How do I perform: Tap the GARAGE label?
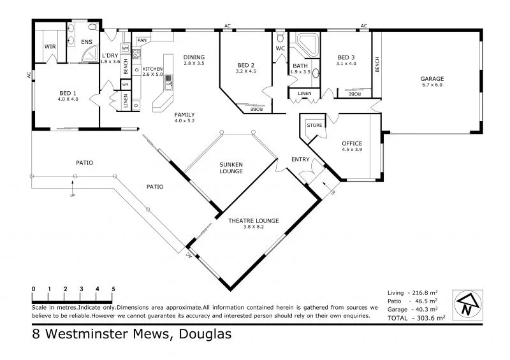click(x=432, y=79)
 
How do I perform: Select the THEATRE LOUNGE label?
click(x=254, y=220)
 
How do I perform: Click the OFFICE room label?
click(x=352, y=144)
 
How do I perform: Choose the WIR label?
click(x=49, y=47)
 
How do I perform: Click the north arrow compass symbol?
click(x=467, y=305)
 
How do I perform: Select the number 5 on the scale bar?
click(x=113, y=289)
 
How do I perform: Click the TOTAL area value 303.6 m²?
click(x=428, y=317)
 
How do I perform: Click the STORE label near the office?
click(x=314, y=126)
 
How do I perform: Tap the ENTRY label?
click(x=300, y=159)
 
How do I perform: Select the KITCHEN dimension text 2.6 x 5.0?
click(x=153, y=75)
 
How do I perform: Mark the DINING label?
click(x=194, y=57)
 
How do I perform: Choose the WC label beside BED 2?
click(x=280, y=48)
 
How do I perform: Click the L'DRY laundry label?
click(x=110, y=55)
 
